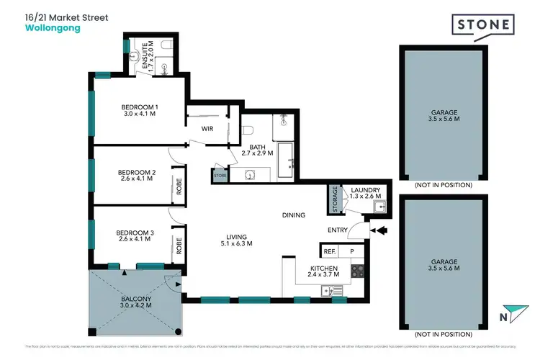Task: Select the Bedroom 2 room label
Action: (137, 176)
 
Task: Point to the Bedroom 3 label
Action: (137, 235)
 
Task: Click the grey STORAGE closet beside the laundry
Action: (334, 199)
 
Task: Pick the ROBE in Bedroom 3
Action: (176, 247)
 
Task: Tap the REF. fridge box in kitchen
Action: (330, 251)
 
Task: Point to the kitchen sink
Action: (333, 291)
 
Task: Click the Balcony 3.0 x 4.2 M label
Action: (134, 302)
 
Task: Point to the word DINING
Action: (294, 215)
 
